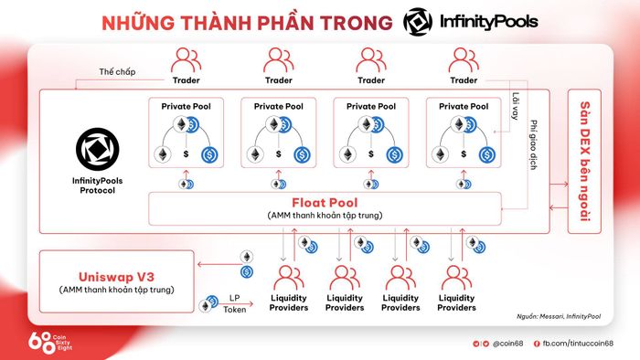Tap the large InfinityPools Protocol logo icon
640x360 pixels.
pos(97,149)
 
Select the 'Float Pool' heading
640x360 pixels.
pos(325,203)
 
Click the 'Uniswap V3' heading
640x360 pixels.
pos(116,277)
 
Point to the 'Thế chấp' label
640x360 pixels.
pos(117,72)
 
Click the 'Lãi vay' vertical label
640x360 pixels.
pos(516,106)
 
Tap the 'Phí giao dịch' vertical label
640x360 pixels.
pos(533,144)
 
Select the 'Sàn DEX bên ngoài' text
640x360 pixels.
pos(585,162)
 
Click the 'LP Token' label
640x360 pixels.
pos(234,303)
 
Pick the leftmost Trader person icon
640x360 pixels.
pos(186,60)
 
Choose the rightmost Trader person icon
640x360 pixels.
pos(464,60)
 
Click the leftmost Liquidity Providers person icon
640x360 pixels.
pos(288,278)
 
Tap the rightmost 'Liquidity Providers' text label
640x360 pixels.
pos(456,303)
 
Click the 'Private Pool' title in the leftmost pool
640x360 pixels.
pos(187,106)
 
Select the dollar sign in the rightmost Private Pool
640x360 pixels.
pos(464,154)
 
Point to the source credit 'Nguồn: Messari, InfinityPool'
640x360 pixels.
pos(559,316)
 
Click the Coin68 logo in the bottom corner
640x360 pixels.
pos(49,342)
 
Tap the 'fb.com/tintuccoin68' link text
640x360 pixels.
pos(578,344)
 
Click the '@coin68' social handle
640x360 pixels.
pos(507,344)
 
